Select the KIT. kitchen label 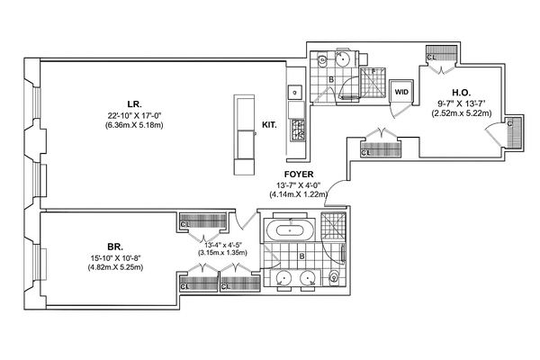(268, 127)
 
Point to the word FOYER (298, 174)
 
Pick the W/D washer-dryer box (401, 90)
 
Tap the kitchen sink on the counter (293, 91)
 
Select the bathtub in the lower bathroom (290, 229)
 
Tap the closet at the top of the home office (440, 54)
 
